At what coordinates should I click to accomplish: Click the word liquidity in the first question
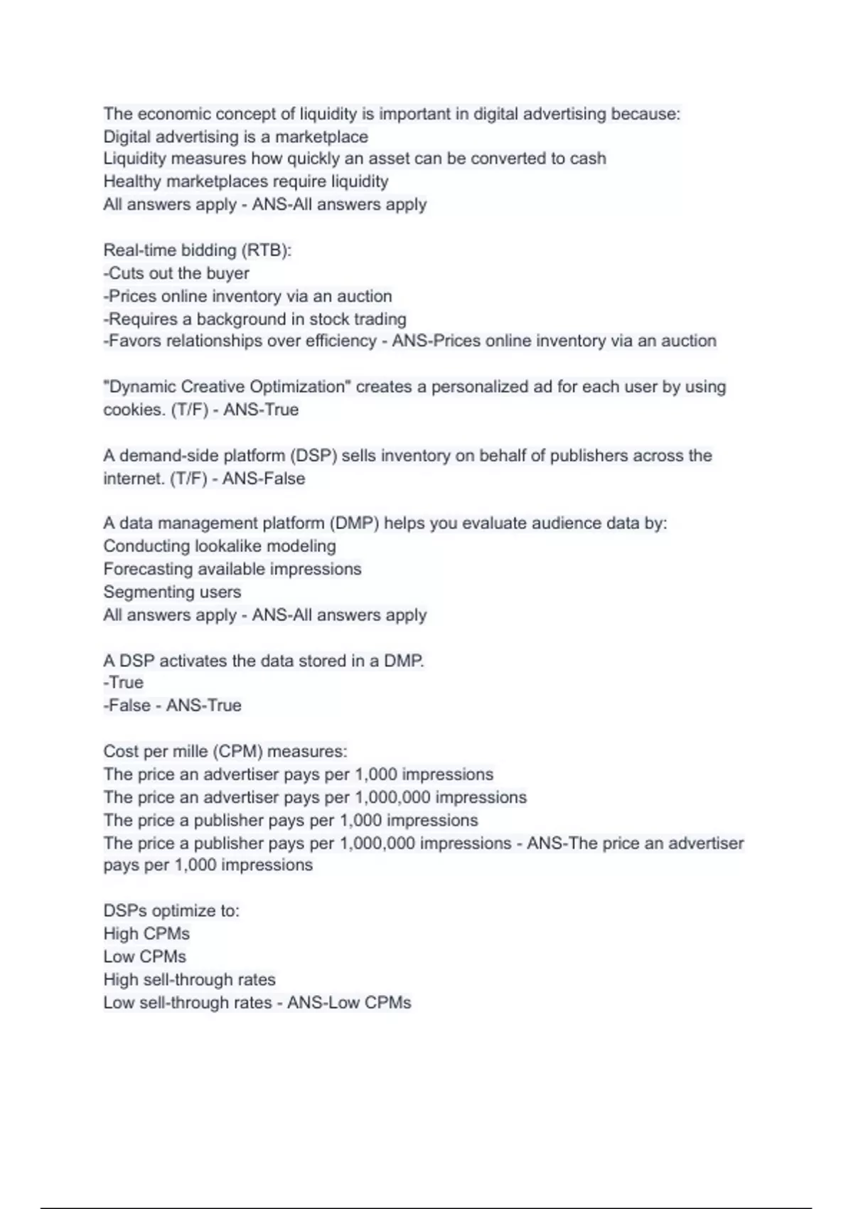[328, 114]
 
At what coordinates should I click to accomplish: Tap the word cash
[588, 159]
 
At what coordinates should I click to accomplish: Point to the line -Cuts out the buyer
[176, 273]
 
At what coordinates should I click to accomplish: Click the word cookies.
[134, 410]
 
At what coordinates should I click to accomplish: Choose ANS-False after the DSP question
[264, 479]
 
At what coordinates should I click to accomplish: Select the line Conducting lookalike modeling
[220, 546]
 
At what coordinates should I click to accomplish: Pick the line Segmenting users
[172, 592]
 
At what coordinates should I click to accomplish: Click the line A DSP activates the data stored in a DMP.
[264, 661]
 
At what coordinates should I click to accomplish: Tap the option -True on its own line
[124, 683]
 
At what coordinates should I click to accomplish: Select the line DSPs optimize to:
[171, 911]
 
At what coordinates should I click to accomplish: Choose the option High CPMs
[146, 934]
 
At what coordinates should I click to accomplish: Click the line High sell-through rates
[189, 980]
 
